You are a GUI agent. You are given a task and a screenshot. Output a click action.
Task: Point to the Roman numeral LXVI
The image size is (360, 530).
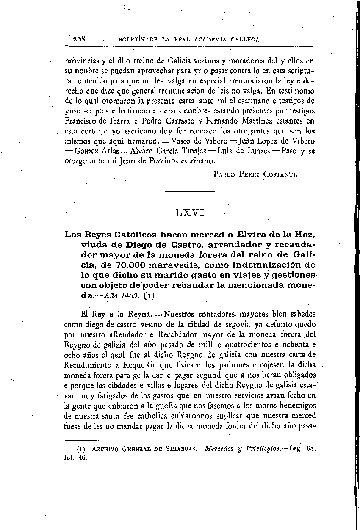point(190,213)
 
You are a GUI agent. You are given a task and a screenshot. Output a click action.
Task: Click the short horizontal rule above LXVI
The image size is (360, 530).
point(189,193)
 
